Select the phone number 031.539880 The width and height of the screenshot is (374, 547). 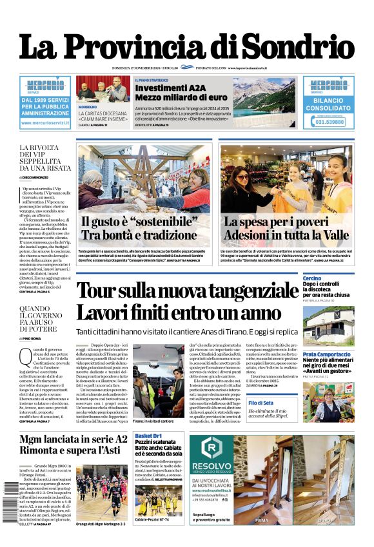pyautogui.click(x=328, y=122)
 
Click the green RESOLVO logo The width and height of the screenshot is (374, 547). pyautogui.click(x=210, y=450)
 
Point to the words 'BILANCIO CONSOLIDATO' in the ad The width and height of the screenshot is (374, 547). pyautogui.click(x=328, y=104)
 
